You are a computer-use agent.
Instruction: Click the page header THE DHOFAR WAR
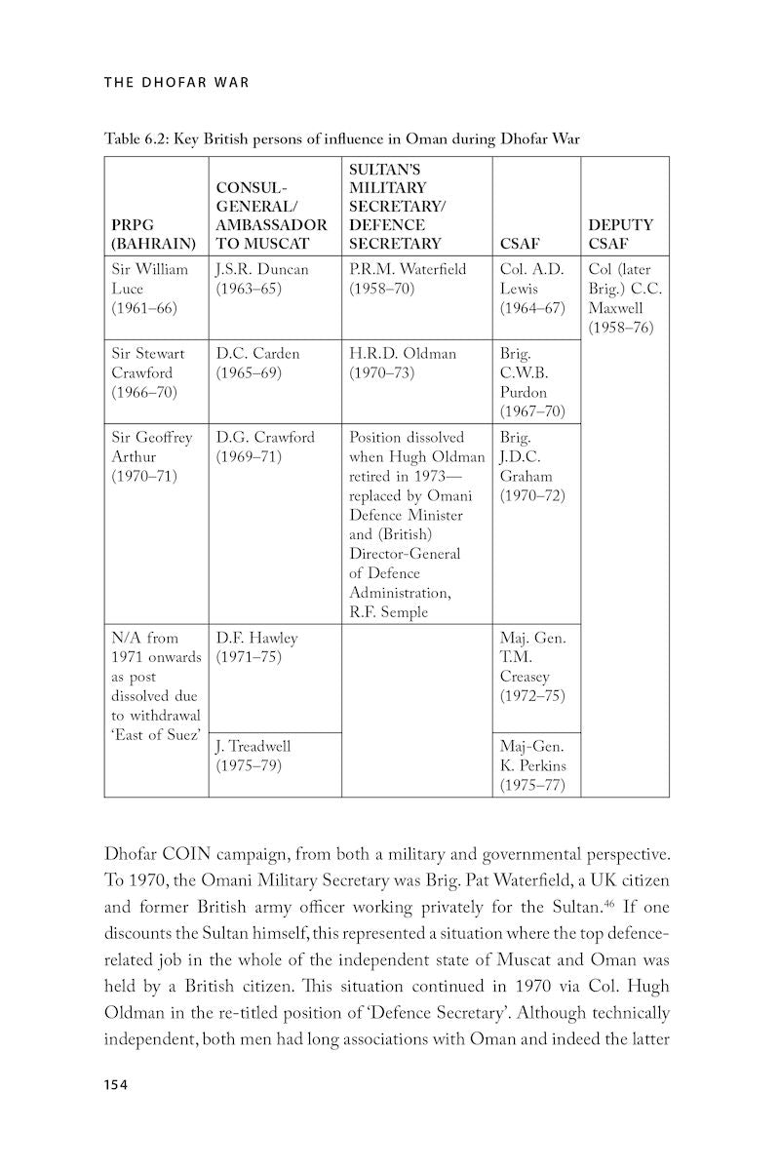coord(176,82)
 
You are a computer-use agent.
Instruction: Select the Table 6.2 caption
coord(342,138)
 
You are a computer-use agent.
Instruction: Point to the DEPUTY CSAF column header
coord(621,234)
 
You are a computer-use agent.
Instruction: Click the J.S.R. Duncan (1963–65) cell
coord(261,279)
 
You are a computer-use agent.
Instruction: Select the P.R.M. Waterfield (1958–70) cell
coord(408,279)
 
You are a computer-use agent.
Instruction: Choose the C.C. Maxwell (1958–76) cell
coord(621,298)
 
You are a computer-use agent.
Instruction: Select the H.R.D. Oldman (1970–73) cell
coord(402,363)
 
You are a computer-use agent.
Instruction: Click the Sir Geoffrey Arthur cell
coord(152,456)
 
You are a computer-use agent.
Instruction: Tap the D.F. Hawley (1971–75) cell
coord(256,647)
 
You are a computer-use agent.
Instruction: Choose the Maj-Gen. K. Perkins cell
coord(532,765)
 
